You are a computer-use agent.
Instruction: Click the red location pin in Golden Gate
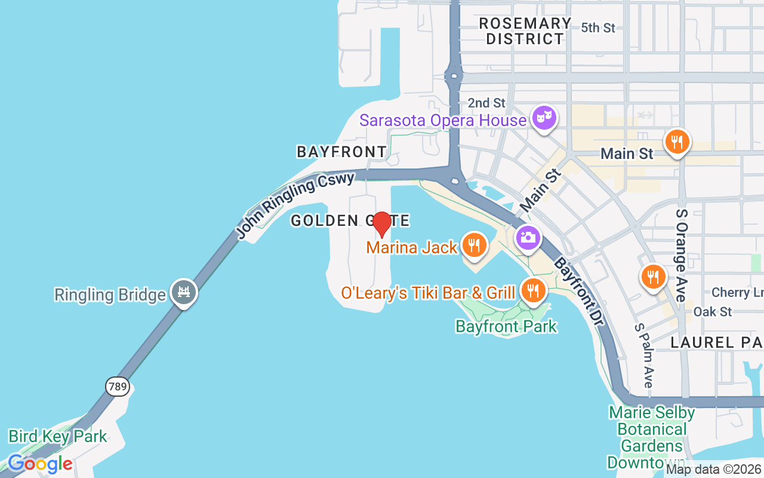(x=381, y=224)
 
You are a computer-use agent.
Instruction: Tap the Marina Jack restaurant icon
(x=474, y=246)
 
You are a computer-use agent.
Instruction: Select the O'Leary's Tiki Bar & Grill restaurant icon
(x=532, y=290)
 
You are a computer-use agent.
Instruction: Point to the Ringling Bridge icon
(x=183, y=292)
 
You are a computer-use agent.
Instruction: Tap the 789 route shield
(x=118, y=387)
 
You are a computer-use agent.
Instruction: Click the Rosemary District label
(x=525, y=31)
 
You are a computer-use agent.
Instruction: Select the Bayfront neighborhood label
(x=342, y=152)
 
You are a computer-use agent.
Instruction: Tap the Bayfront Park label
(x=506, y=326)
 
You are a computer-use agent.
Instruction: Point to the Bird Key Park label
(x=57, y=436)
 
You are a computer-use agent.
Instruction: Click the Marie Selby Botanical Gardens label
(x=652, y=437)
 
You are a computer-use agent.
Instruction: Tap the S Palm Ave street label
(x=644, y=356)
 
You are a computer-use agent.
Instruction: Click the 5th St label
(x=597, y=27)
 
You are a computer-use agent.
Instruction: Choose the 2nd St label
(x=486, y=103)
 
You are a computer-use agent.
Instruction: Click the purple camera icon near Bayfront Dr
(x=527, y=238)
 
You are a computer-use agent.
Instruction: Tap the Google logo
(x=40, y=464)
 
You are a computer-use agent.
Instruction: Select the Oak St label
(x=712, y=312)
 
